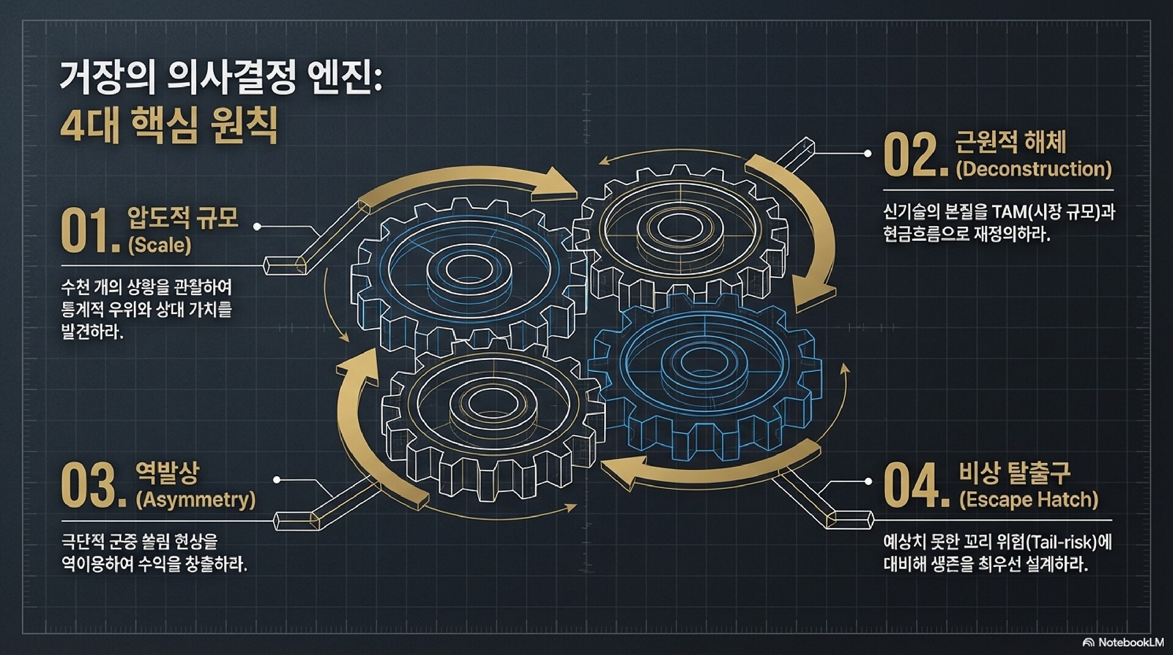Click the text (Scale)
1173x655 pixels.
[159, 246]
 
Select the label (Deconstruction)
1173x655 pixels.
[1033, 169]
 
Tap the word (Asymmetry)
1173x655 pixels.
[195, 500]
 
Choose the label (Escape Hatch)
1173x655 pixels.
[1028, 500]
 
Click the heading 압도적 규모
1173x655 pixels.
[183, 218]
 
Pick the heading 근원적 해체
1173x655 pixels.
[1010, 142]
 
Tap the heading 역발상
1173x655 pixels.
[167, 472]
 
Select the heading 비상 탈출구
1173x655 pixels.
[1015, 472]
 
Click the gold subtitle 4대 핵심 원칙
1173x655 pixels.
[169, 126]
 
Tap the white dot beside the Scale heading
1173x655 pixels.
[257, 227]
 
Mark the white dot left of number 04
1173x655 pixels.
[868, 481]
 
